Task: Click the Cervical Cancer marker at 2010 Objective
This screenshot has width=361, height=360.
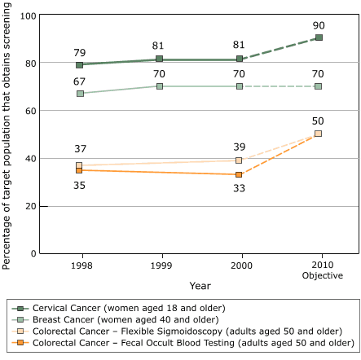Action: click(319, 37)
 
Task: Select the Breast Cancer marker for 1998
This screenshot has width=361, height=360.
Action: click(79, 94)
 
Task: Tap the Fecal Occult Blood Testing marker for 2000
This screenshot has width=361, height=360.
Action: click(240, 174)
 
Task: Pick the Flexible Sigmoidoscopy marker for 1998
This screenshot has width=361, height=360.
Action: click(79, 165)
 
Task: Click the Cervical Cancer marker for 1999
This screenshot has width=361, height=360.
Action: click(160, 59)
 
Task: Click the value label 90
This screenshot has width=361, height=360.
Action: click(319, 25)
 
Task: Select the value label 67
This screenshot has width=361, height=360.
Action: click(79, 81)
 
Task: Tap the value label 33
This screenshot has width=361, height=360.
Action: click(240, 189)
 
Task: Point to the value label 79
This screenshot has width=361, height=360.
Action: click(79, 53)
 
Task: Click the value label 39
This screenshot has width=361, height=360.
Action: click(240, 147)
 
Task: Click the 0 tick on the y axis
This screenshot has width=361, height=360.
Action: click(33, 253)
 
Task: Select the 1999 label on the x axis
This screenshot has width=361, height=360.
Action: click(160, 266)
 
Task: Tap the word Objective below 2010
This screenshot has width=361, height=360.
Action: click(319, 275)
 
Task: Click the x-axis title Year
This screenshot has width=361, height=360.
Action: click(200, 286)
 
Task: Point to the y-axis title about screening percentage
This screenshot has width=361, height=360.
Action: click(7, 134)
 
